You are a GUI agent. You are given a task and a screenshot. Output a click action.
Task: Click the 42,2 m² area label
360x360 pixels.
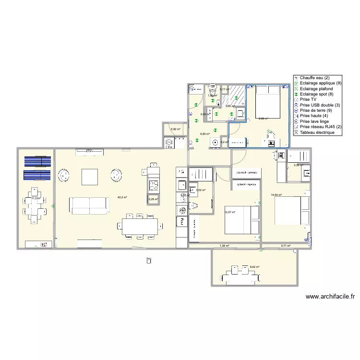click(x=122, y=197)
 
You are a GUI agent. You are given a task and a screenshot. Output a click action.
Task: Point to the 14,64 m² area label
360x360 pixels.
click(x=276, y=195)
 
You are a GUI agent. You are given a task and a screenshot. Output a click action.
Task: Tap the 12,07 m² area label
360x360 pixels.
click(x=230, y=212)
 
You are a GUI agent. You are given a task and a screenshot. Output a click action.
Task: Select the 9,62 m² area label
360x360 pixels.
click(x=254, y=267)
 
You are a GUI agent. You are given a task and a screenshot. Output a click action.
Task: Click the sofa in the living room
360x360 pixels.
click(x=90, y=205)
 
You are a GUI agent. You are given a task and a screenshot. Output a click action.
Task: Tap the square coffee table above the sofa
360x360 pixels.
click(x=90, y=177)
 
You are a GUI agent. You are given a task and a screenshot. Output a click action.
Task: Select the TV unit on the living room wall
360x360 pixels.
click(x=89, y=152)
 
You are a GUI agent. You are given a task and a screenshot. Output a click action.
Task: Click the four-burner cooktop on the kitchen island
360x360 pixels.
click(x=153, y=184)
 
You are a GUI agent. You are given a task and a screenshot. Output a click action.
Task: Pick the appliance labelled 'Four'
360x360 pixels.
click(x=182, y=221)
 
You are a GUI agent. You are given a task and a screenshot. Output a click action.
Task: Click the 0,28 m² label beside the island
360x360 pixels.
click(x=153, y=199)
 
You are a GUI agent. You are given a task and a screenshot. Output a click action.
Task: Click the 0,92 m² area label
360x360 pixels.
click(x=176, y=129)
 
